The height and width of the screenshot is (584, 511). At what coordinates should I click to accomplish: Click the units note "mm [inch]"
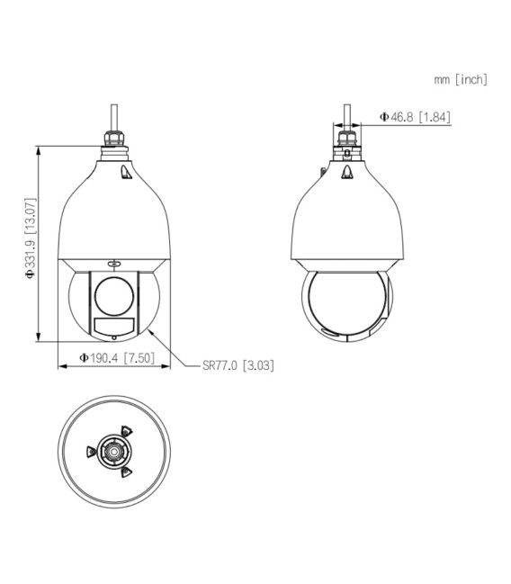460,80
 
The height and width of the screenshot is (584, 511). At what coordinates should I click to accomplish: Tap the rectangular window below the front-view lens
112,324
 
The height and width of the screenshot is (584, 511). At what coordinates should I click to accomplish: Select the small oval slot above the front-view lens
112,264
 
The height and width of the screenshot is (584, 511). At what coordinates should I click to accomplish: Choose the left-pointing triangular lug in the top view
90,451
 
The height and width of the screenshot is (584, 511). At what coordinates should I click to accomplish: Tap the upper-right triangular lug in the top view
125,430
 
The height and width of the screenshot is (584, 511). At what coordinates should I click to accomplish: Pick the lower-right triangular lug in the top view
125,470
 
